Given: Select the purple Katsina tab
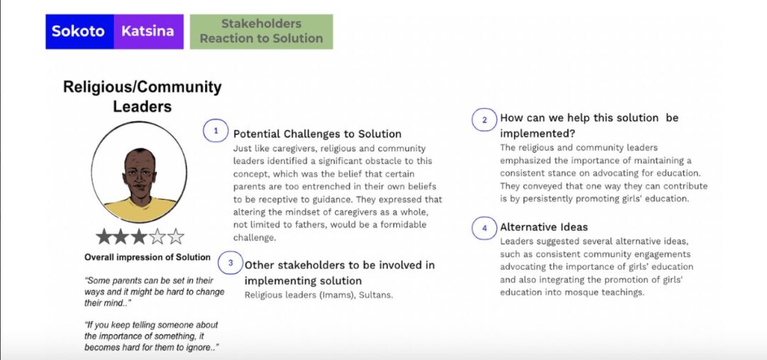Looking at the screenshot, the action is [148, 31].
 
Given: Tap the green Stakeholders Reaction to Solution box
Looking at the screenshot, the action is [261, 31].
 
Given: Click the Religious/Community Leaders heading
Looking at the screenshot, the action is [142, 97].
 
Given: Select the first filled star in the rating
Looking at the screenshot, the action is [104, 236].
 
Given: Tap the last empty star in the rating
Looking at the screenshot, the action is [175, 236].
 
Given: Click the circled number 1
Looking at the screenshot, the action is [216, 131].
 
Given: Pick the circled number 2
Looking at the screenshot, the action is [484, 120].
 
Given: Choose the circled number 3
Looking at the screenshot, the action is [230, 263].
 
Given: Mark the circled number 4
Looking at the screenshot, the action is [484, 228].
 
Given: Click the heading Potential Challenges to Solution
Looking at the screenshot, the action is [317, 134].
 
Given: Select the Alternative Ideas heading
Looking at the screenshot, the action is [544, 227].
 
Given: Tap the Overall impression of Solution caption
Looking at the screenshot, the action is [147, 257].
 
